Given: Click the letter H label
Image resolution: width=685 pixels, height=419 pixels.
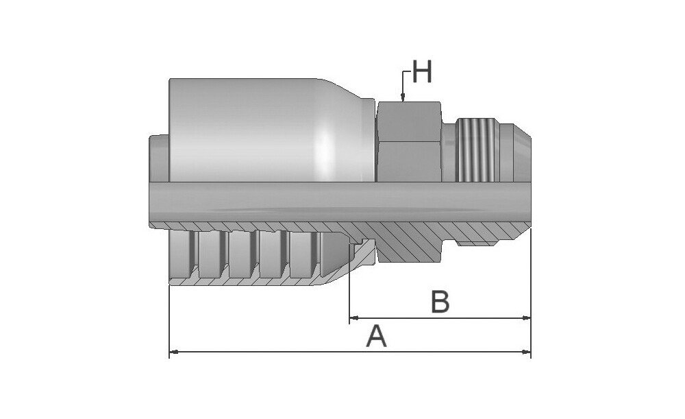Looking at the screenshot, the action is click(422, 72).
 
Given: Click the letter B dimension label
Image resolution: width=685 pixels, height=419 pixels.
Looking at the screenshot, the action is click(440, 301).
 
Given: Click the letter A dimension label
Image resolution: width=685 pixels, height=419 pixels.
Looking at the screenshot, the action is click(377, 336).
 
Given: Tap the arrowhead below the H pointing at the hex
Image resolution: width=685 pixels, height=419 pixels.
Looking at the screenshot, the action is click(403, 98).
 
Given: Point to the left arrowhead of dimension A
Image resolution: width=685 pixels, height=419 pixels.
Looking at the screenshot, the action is click(173, 351).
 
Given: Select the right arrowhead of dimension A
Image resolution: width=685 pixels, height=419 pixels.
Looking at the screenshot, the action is click(526, 351).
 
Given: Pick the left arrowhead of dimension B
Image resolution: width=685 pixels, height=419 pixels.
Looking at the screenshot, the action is click(354, 318).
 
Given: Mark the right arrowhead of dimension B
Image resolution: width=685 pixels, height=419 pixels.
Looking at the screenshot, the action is click(526, 318).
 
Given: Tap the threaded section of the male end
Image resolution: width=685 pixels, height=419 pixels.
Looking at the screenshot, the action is click(477, 149).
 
